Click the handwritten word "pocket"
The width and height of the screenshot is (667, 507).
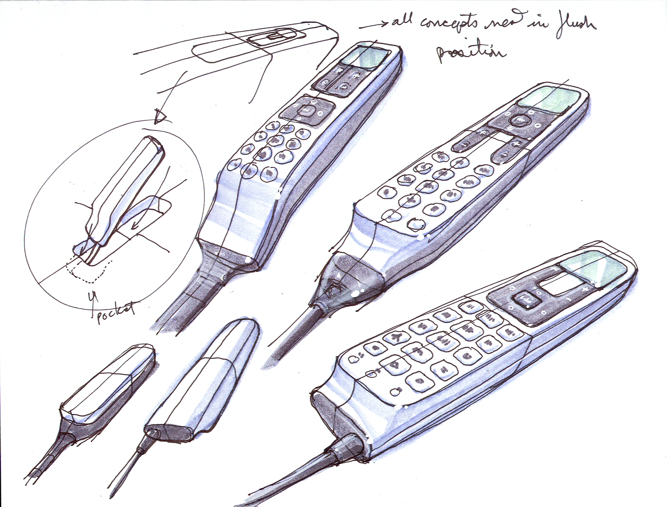(116, 312)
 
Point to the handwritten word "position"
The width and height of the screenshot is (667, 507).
(471, 52)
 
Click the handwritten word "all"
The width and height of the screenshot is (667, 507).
(402, 21)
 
